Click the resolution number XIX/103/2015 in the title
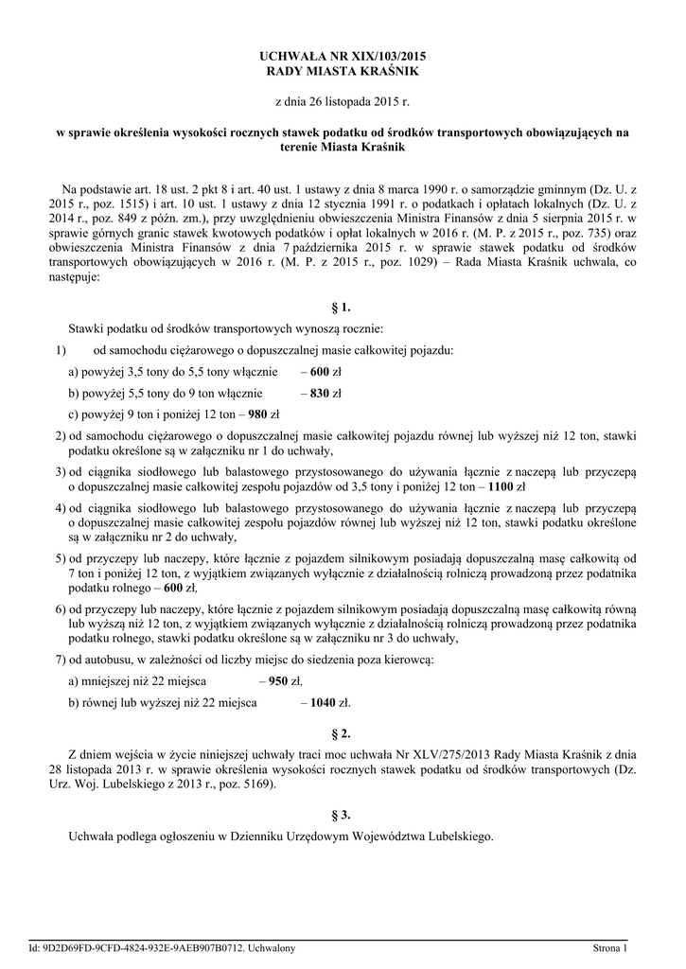tap(373, 57)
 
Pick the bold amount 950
tap(278, 680)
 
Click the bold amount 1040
tap(324, 702)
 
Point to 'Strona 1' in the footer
tap(610, 947)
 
